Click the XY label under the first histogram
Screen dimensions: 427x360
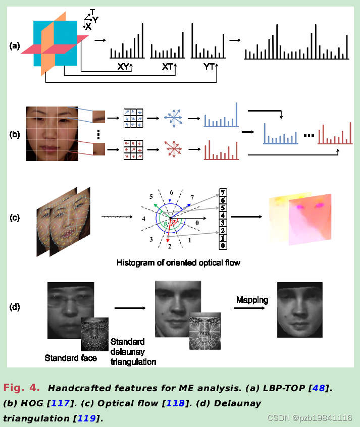pos(123,66)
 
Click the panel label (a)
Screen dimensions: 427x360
pos(15,46)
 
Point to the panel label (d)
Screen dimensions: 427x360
pos(15,306)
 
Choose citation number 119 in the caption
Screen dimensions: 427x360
pos(87,418)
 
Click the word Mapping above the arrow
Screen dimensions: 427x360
pos(252,300)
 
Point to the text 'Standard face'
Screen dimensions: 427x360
pos(71,358)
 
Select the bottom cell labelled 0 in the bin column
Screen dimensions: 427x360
pos(222,246)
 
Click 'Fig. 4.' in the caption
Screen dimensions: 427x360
pos(21,388)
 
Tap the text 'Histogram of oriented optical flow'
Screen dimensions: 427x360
pos(178,262)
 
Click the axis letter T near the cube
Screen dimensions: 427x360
pos(92,12)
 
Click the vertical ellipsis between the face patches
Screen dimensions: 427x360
pos(98,134)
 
